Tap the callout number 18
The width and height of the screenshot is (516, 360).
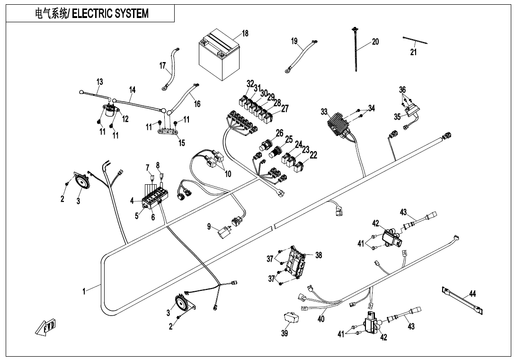coord(245,34)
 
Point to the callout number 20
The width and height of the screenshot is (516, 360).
coord(375,42)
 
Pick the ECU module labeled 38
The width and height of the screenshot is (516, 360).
coord(297,263)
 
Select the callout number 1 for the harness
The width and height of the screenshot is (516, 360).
coord(84,291)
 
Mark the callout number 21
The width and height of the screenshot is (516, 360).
coord(413,52)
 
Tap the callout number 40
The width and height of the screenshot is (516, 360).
coord(321,319)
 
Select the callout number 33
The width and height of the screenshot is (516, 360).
coord(324,112)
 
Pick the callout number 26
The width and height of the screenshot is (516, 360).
coord(280,133)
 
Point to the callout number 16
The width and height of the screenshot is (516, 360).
coord(197,104)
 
